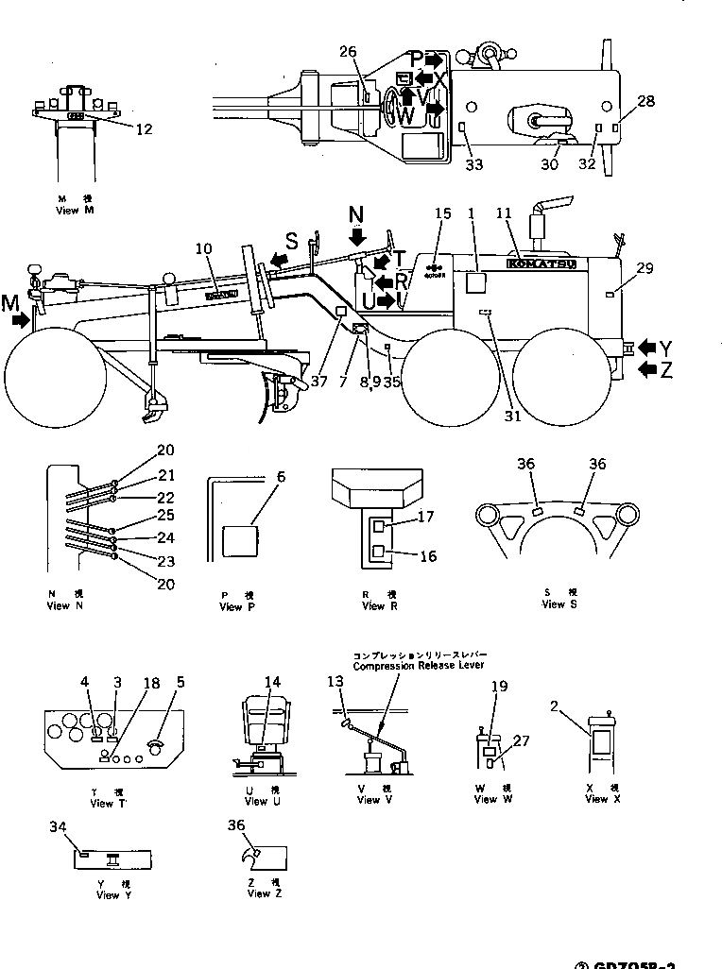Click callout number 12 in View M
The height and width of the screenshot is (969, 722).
144,129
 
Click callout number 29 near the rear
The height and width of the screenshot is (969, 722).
645,269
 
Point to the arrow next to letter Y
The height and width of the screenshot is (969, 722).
647,348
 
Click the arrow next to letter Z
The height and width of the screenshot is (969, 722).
647,368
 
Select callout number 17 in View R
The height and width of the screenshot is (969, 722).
425,517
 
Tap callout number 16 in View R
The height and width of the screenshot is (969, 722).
428,557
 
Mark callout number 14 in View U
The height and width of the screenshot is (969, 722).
273,682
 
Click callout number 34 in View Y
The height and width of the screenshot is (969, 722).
59,826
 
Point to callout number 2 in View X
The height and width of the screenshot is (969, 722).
559,704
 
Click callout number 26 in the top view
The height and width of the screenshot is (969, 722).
347,51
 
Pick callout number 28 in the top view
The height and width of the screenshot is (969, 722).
645,101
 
